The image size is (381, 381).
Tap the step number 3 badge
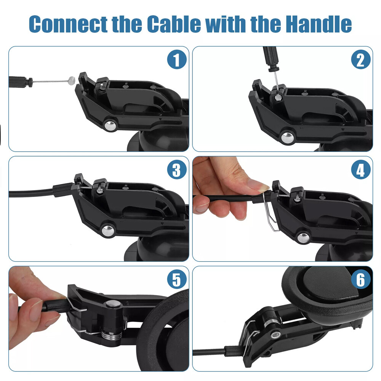176,170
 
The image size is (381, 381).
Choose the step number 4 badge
360,170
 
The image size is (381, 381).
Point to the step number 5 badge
176,280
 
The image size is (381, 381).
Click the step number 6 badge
360,280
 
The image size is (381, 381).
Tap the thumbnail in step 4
259,186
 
